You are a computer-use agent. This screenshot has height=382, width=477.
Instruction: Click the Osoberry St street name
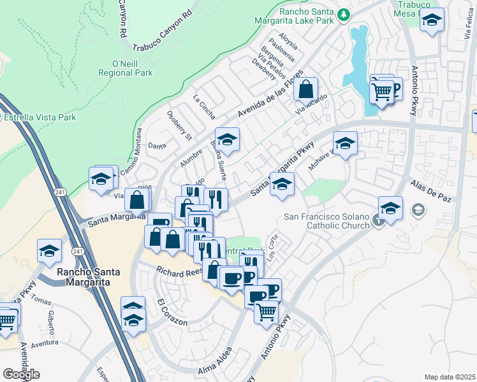click(179, 126)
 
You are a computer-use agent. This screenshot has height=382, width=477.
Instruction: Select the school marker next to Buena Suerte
click(226, 139)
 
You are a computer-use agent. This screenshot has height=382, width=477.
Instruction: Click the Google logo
click(21, 374)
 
